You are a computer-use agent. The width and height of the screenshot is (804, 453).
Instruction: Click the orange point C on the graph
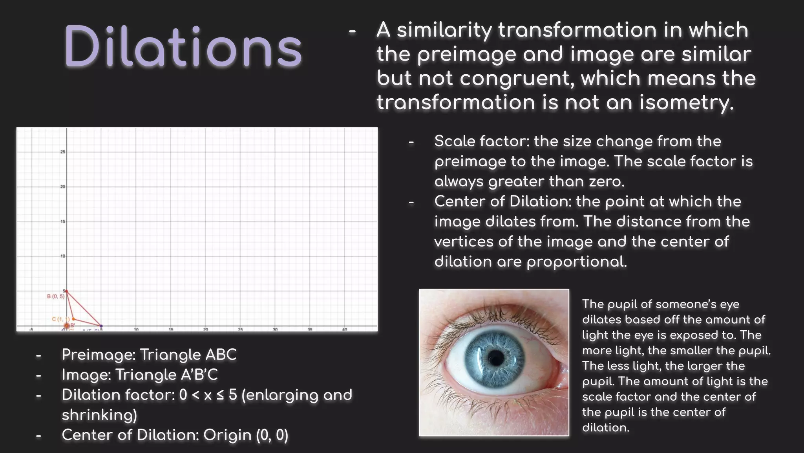(73, 319)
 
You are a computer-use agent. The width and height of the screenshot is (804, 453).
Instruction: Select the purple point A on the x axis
(101, 326)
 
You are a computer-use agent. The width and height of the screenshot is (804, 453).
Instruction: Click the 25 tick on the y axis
(63, 152)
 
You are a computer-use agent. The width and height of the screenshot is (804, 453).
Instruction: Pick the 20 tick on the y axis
(63, 187)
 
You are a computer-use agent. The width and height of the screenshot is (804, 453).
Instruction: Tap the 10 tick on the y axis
(63, 256)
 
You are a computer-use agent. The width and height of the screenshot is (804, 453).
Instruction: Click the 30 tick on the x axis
(275, 329)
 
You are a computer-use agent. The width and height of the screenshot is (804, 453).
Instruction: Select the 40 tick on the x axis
(345, 329)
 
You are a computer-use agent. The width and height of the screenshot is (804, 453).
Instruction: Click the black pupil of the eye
(497, 358)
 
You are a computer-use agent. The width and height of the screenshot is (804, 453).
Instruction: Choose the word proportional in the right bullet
(577, 262)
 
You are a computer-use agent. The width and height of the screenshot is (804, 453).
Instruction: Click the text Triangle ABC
(188, 355)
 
